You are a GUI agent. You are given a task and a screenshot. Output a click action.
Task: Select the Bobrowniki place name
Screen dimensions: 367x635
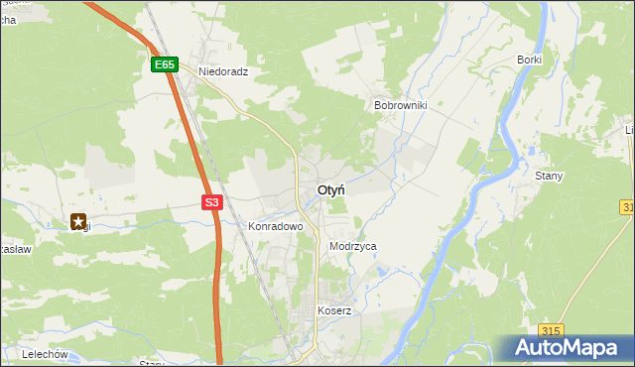pyautogui.click(x=399, y=104)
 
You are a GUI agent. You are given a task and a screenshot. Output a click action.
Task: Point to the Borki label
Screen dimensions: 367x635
pyautogui.click(x=529, y=60)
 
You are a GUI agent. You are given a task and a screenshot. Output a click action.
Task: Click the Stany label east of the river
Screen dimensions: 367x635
pyautogui.click(x=549, y=177)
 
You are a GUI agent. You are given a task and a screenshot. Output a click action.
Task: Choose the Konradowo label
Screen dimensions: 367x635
pyautogui.click(x=275, y=226)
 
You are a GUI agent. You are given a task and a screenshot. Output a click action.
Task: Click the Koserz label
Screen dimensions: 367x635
pyautogui.click(x=334, y=310)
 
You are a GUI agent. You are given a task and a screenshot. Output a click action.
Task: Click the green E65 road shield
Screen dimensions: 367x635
pyautogui.click(x=165, y=65)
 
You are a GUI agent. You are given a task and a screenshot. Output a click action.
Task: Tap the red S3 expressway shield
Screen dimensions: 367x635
pyautogui.click(x=211, y=202)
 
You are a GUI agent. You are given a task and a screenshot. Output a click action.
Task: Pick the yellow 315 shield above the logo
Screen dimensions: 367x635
pyautogui.click(x=553, y=330)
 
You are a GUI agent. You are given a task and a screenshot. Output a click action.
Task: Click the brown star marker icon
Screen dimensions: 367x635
pyautogui.click(x=78, y=223)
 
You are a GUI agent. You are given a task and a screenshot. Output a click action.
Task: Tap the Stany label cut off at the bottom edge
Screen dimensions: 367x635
pyautogui.click(x=152, y=363)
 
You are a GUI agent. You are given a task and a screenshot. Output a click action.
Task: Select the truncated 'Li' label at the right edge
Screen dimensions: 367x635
pyautogui.click(x=629, y=130)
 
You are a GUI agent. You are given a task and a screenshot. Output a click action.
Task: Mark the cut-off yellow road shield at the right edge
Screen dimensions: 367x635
pyautogui.click(x=629, y=206)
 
